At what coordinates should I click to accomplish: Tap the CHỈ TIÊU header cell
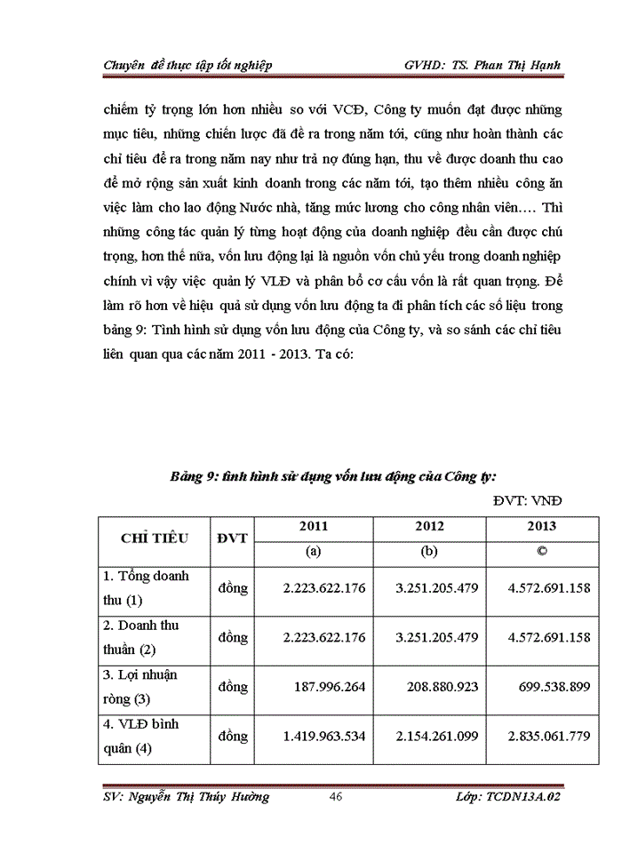click(152, 538)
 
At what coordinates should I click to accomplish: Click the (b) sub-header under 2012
click(429, 551)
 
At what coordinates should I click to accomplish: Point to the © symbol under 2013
click(541, 551)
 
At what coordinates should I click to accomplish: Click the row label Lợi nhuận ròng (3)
click(142, 686)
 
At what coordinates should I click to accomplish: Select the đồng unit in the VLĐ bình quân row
click(232, 736)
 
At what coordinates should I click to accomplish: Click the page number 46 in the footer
click(336, 797)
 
